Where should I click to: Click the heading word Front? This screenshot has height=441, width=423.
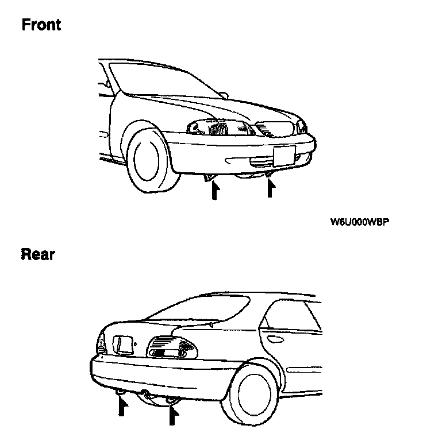click(x=41, y=25)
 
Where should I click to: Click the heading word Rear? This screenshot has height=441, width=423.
click(x=38, y=254)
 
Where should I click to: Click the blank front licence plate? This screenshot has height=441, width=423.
click(x=283, y=154)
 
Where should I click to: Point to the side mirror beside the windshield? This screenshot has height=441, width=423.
click(x=223, y=93)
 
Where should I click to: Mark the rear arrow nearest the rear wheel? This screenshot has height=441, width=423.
click(x=171, y=415)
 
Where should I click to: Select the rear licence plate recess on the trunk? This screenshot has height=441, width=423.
click(x=122, y=345)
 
